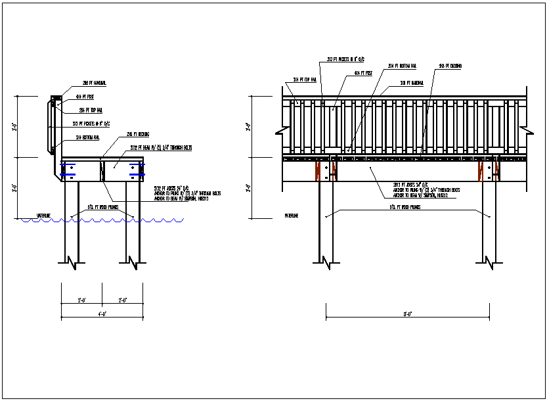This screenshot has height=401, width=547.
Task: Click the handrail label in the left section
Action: [95, 83]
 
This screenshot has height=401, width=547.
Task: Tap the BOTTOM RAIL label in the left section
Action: [87, 137]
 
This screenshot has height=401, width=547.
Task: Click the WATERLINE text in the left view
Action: [44, 216]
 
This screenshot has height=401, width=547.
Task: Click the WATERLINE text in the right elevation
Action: [293, 215]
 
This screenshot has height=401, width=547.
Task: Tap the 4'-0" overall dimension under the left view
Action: [102, 314]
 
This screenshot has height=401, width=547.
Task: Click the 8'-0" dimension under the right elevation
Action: [407, 314]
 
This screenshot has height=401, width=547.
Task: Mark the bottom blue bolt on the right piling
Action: [137, 176]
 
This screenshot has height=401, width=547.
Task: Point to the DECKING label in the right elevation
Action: [450, 66]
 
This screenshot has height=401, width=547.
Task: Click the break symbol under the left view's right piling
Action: [135, 263]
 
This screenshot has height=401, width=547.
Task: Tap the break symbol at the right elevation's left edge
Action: [278, 131]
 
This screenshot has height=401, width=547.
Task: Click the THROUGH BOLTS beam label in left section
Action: [154, 147]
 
